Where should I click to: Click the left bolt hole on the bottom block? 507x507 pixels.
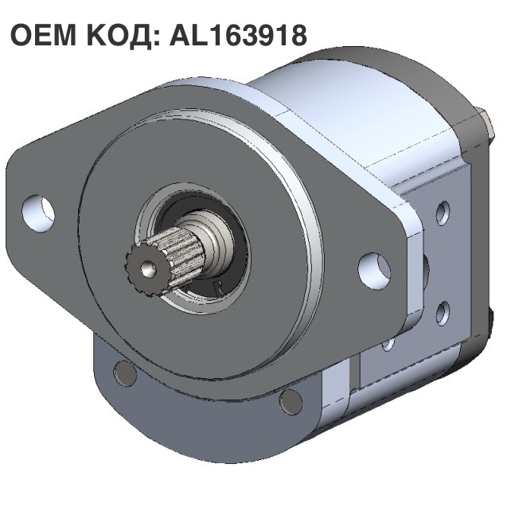coord(123,372)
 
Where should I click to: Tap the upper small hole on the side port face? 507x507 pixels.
coord(443,212)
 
